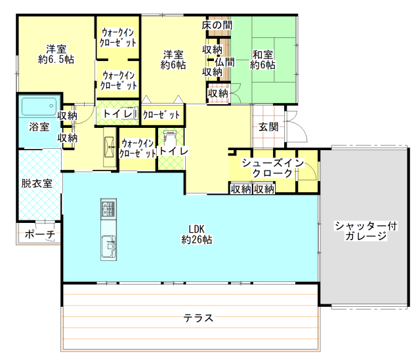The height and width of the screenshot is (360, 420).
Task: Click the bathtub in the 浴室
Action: click(x=39, y=106)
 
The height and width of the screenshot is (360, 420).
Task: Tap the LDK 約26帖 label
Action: click(x=197, y=235)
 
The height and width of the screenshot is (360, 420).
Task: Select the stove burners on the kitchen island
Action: click(x=108, y=208)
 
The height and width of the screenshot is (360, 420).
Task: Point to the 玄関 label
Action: click(x=268, y=127)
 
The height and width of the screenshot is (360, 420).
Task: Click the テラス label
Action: click(x=198, y=318)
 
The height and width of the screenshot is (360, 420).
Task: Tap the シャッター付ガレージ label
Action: click(x=366, y=231)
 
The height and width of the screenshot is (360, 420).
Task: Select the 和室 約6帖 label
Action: click(x=262, y=60)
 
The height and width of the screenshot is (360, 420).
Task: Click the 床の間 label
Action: click(x=217, y=25)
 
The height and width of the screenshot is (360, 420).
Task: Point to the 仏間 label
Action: click(x=224, y=62)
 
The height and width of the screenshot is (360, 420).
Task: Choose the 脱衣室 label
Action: click(x=37, y=184)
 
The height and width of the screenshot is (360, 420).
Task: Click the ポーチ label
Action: click(x=40, y=234)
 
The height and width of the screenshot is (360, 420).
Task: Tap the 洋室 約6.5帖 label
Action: click(x=56, y=54)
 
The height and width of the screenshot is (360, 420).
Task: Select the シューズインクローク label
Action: click(x=272, y=168)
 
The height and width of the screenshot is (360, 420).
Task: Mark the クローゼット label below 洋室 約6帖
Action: click(x=161, y=115)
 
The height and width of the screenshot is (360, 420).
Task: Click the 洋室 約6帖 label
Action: click(x=173, y=60)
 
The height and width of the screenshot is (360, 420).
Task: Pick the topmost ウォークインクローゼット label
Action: click(x=118, y=37)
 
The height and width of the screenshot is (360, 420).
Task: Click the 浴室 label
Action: click(x=39, y=127)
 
